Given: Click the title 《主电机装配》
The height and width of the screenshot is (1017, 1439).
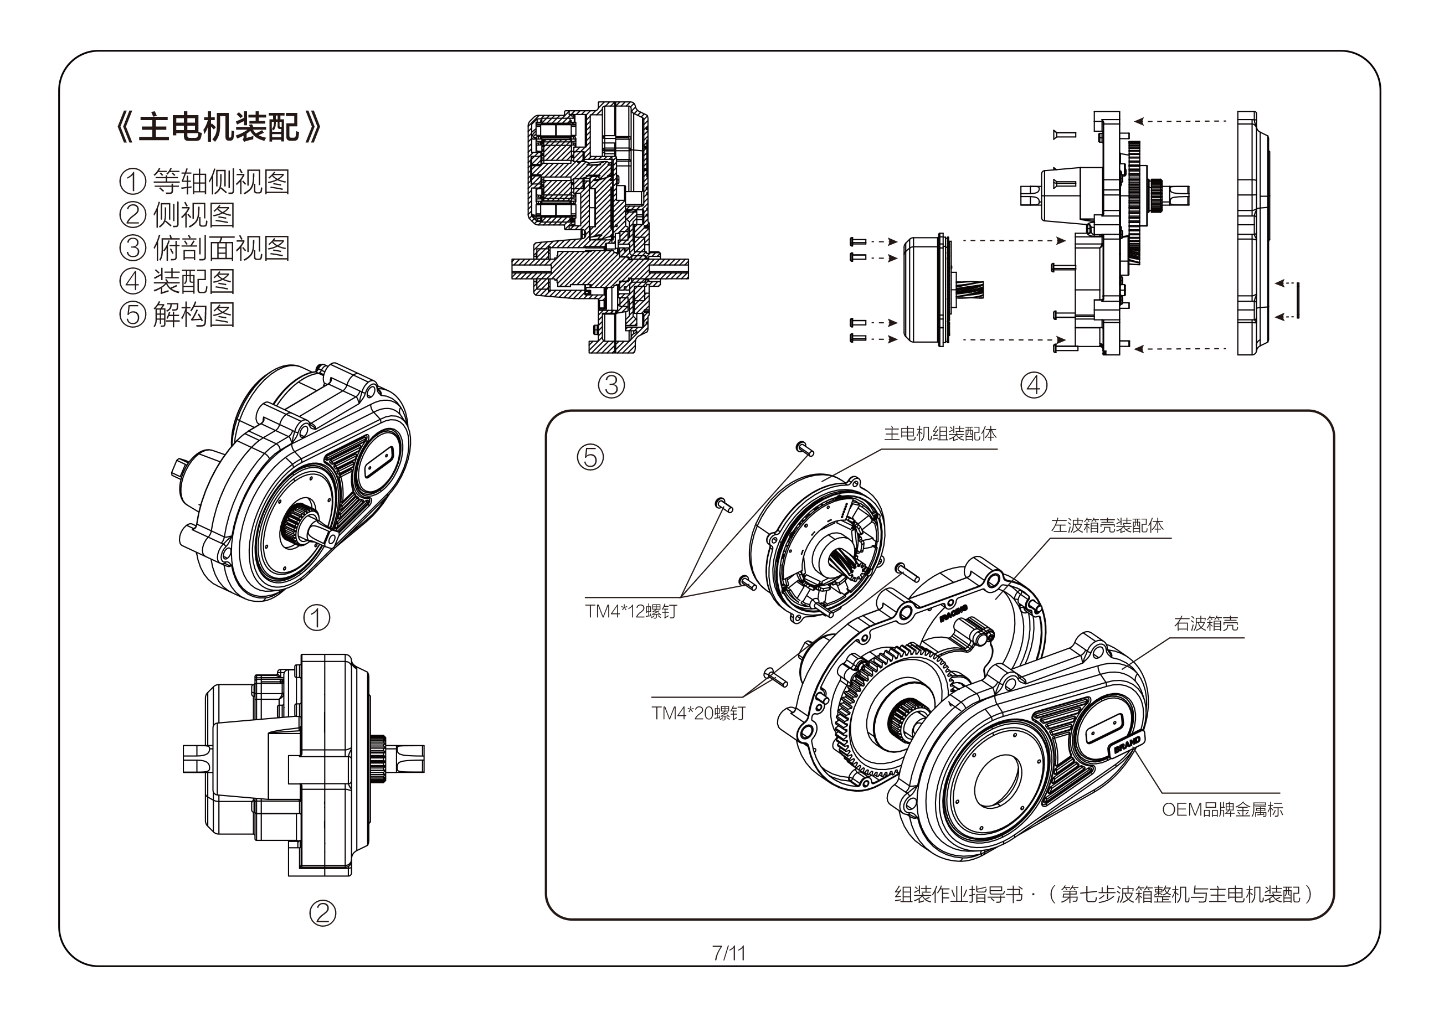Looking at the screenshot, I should click(x=219, y=128).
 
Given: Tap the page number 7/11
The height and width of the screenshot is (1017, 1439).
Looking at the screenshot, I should click(x=728, y=953).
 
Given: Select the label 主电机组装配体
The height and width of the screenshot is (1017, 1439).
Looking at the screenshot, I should click(x=939, y=433).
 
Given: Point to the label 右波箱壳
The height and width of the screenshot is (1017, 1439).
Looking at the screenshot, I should click(x=1206, y=623).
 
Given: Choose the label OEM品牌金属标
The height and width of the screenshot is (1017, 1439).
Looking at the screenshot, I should click(x=1222, y=809).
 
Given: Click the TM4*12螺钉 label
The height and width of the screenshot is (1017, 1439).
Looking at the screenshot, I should click(x=631, y=611).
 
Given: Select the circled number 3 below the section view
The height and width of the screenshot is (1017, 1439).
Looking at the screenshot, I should click(x=611, y=385).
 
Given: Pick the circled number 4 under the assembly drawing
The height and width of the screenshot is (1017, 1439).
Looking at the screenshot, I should click(x=1034, y=385).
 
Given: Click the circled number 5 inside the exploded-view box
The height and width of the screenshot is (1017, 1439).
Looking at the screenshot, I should click(x=590, y=457).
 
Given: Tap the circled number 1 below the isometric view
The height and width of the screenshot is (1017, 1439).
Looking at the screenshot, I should click(x=316, y=618).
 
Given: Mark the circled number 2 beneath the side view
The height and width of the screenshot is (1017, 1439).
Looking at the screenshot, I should click(x=323, y=913).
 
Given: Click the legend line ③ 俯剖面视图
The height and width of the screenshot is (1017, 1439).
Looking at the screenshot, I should click(x=204, y=248).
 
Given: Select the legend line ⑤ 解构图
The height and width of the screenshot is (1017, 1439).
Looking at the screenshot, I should click(x=177, y=314).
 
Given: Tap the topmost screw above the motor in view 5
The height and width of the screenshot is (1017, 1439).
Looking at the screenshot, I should click(x=805, y=448).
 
